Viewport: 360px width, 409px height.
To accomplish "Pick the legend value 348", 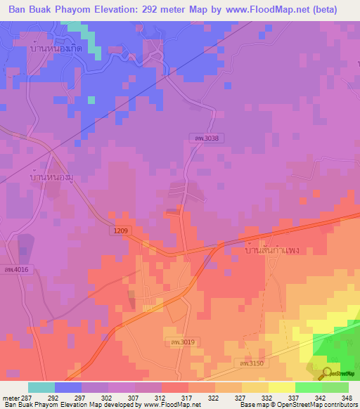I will pos(347,397).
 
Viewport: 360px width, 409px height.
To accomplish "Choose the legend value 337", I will pos(295,397).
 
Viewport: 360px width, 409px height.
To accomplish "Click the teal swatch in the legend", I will pos(41,387).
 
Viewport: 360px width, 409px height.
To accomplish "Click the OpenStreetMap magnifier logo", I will pos(326,373).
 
